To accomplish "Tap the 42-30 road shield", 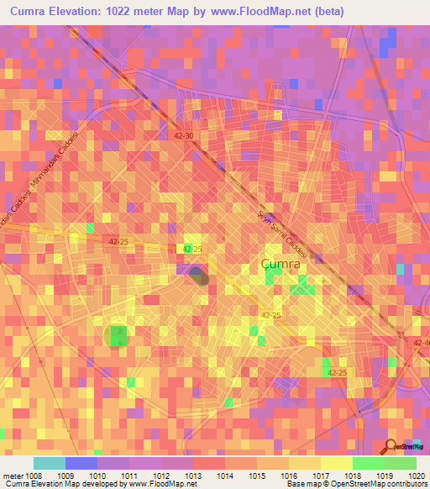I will click(x=185, y=135).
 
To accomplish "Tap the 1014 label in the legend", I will click(x=225, y=475).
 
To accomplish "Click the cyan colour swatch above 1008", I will click(x=50, y=463).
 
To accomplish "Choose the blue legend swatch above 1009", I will click(x=81, y=463).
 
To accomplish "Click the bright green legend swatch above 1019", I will click(x=368, y=463).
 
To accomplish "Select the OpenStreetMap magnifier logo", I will click(x=391, y=446).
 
